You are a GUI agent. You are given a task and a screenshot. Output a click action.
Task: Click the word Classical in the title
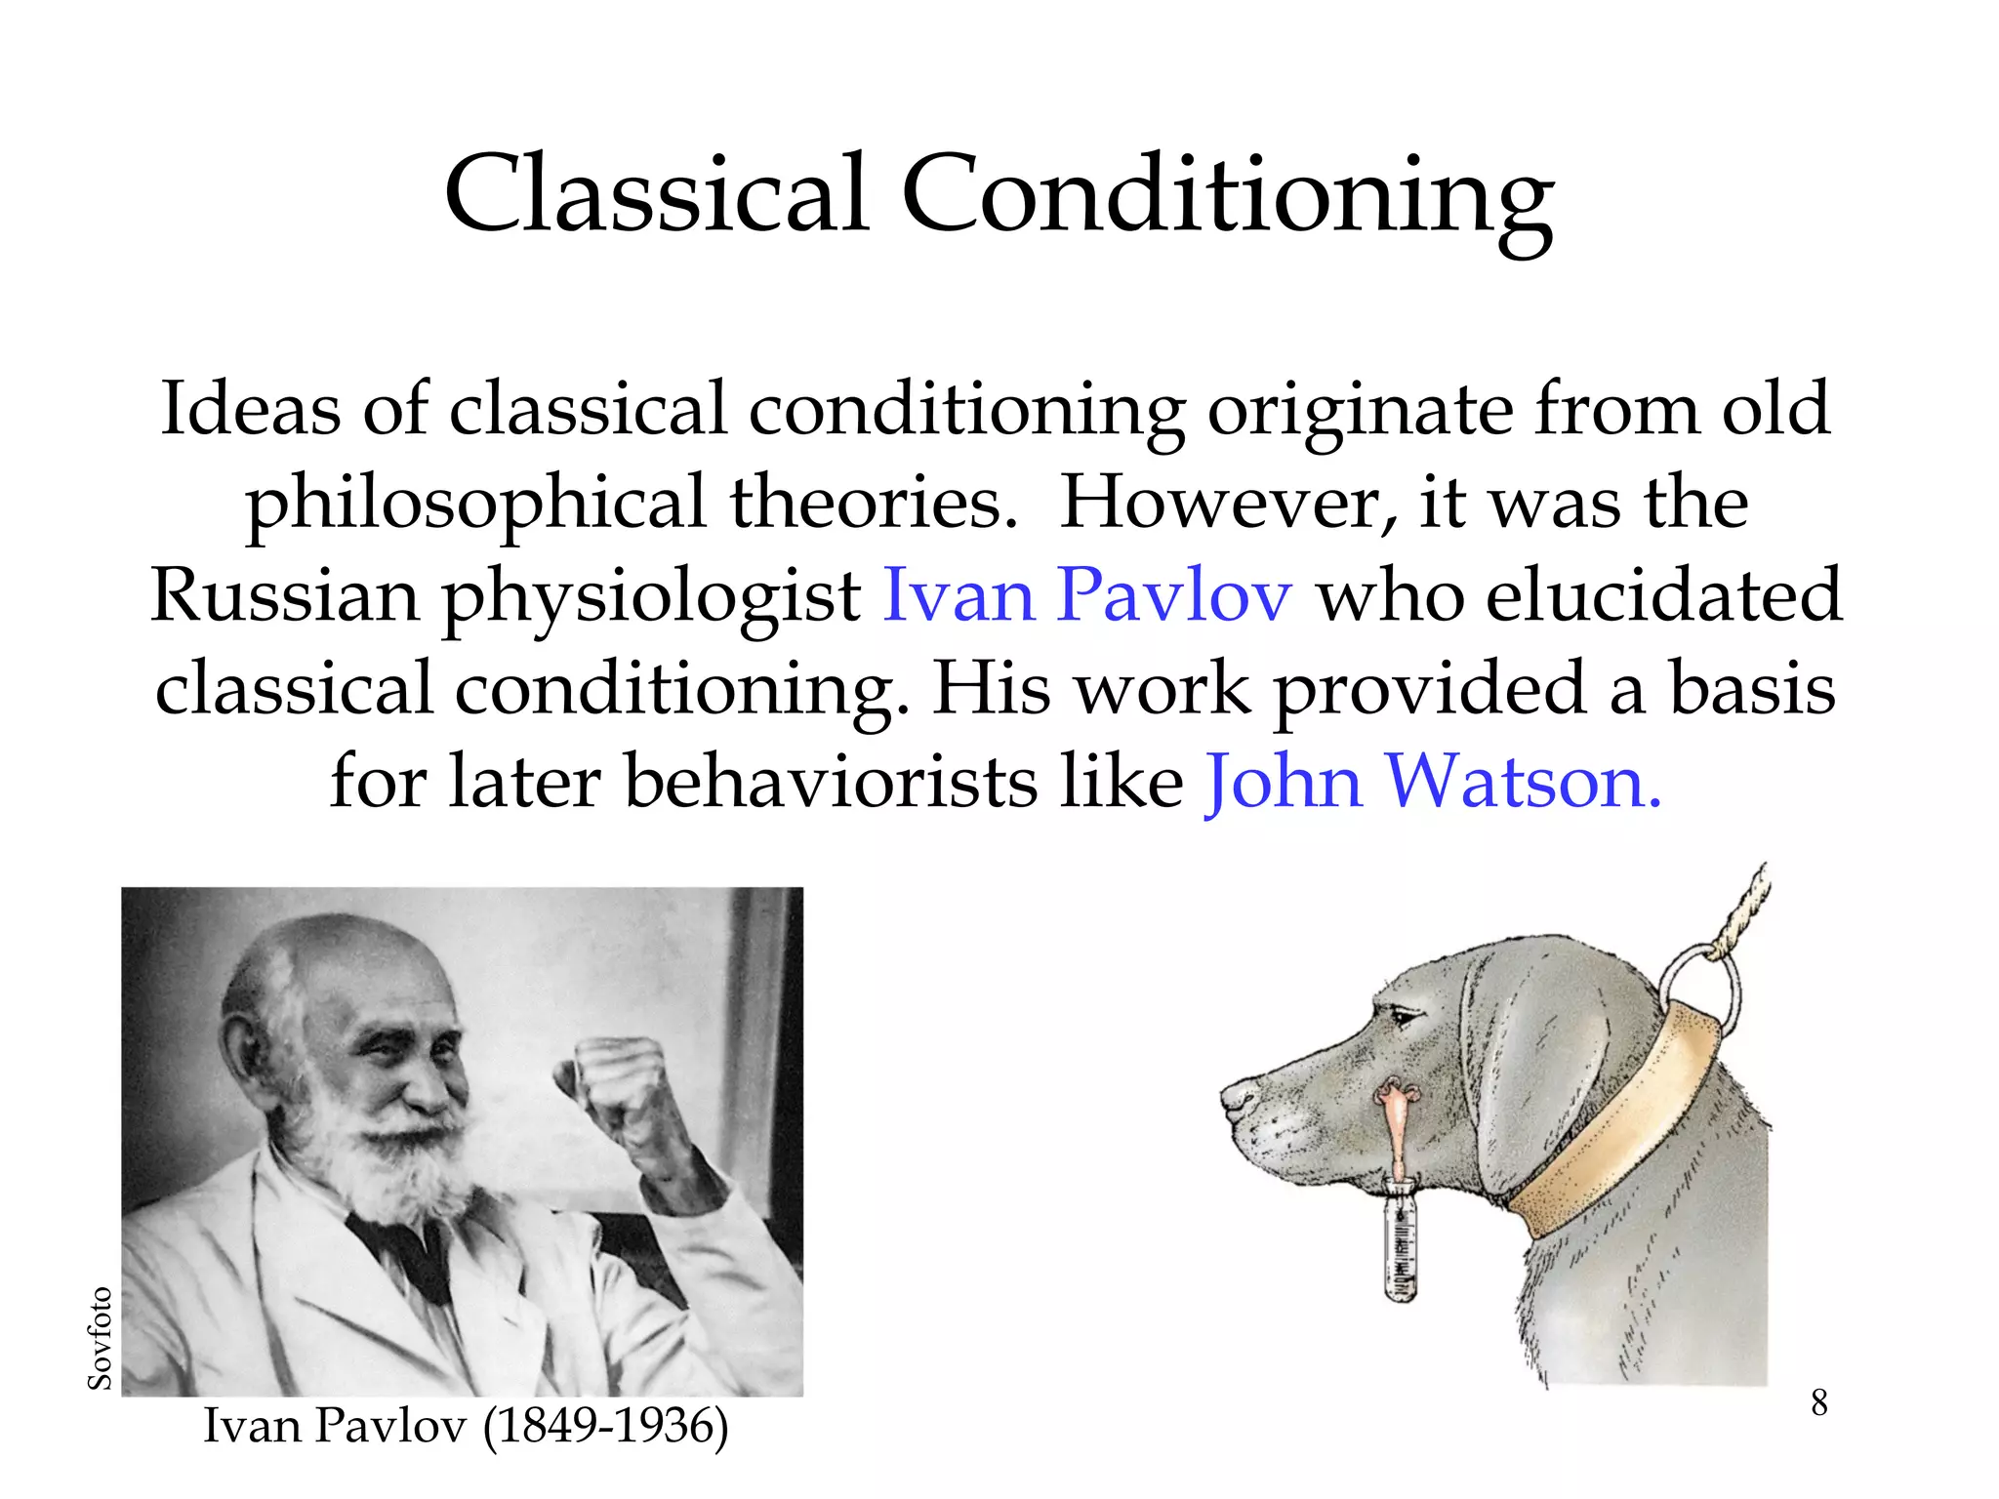656,194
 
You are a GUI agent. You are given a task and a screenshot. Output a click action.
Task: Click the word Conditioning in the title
1226,194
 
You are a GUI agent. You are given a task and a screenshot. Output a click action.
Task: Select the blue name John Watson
1433,783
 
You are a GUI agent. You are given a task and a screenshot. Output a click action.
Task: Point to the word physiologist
652,597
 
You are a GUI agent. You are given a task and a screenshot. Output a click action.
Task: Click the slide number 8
1818,1402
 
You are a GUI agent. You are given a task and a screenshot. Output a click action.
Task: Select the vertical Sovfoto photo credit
100,1337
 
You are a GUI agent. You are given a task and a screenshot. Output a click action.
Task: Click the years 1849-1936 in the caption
606,1427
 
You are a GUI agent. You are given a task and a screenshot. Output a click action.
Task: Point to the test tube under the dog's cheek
1402,1239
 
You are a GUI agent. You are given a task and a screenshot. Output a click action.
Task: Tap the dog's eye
1403,1018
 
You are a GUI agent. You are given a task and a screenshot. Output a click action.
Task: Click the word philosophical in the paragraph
475,503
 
